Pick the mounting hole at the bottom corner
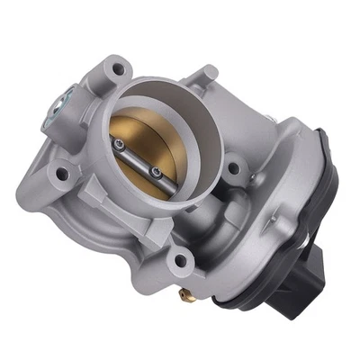pyautogui.click(x=179, y=261)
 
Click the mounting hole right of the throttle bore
pyautogui.click(x=232, y=167)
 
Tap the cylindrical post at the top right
pyautogui.click(x=205, y=76)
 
